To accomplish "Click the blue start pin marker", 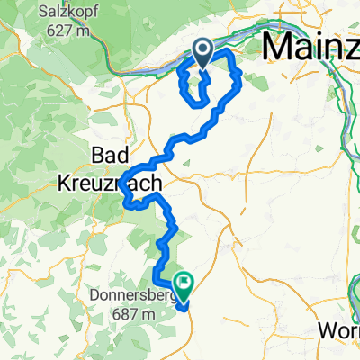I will click(x=202, y=53).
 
